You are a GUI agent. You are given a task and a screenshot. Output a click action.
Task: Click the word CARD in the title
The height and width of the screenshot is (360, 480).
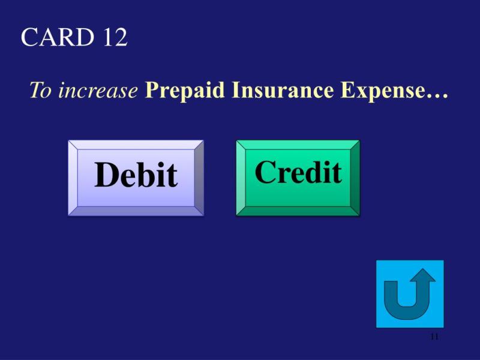(58, 37)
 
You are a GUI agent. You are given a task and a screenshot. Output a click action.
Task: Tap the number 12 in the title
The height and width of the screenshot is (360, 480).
(115, 37)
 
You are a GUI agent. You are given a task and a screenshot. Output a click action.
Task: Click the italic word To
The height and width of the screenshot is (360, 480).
(41, 90)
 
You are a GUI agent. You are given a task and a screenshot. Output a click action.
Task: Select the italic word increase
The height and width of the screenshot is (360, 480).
(98, 91)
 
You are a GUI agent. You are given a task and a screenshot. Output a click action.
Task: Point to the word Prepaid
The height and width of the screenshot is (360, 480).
(185, 91)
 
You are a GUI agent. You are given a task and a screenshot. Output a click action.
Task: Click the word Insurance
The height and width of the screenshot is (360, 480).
(283, 90)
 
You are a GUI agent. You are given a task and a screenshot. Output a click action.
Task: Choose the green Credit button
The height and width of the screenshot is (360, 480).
(298, 178)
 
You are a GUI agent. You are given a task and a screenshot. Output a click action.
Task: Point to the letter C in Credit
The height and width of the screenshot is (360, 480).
(265, 172)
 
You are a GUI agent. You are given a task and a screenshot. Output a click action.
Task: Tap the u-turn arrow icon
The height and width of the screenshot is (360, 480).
(410, 294)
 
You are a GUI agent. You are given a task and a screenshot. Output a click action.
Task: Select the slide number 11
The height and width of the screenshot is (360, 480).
(434, 337)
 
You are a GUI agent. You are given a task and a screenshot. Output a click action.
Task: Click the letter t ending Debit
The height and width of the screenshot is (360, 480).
(172, 176)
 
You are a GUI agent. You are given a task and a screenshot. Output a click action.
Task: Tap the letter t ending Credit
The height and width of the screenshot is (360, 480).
(337, 173)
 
